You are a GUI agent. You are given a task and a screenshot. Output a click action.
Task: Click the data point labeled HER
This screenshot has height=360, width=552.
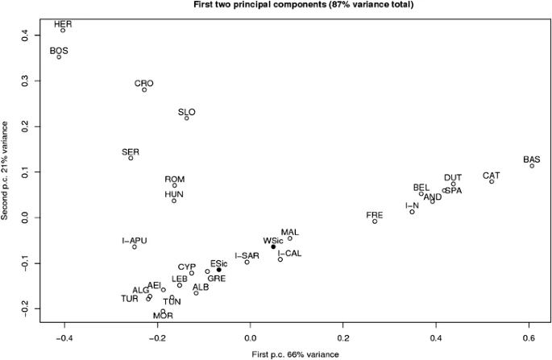coord(63,30)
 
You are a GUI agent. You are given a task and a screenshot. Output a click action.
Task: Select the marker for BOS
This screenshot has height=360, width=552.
coord(59,56)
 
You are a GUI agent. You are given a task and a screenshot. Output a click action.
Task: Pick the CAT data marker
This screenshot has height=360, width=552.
coord(492,181)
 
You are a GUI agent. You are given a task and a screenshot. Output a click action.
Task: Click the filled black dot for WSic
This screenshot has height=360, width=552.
coord(273,246)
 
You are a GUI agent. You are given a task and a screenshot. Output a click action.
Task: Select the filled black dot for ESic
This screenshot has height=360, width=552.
coord(218,270)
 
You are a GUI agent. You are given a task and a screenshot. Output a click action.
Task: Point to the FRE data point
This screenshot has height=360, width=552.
coord(375,221)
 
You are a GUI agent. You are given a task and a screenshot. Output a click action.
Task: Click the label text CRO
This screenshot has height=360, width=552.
coord(144,83)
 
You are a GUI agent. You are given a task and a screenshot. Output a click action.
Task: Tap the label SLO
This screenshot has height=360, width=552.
coord(187,112)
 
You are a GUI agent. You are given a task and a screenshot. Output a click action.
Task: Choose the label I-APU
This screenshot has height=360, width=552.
coord(135,240)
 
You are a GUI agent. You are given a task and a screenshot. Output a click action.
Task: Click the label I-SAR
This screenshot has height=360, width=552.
coord(247,255)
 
